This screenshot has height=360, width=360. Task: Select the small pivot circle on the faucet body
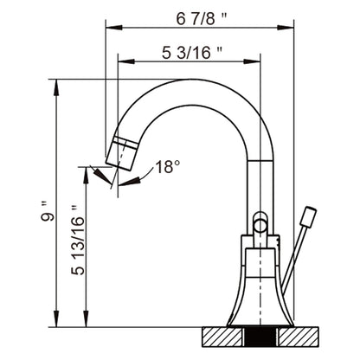point(260,226)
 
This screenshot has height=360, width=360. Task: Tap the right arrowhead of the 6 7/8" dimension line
point(289,26)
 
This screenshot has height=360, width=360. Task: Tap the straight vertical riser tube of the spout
point(260,186)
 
